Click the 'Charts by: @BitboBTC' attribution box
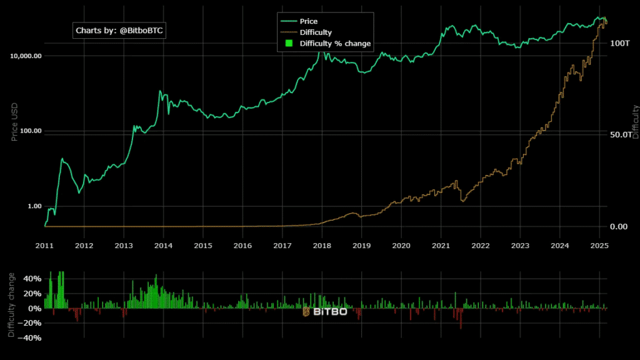click(120, 30)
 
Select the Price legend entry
click(308, 21)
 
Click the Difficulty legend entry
click(316, 32)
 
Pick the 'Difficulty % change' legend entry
click(335, 44)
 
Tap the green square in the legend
click(289, 44)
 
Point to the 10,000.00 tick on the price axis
click(26, 56)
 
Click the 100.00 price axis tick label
click(29, 131)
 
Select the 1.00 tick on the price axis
click(33, 206)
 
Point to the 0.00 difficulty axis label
click(619, 226)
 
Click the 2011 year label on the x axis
click(44, 246)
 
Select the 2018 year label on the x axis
click(322, 246)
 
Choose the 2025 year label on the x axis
click(599, 246)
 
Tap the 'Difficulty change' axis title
click(11, 304)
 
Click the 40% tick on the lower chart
click(32, 279)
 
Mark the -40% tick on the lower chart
click(31, 338)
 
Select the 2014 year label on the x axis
click(163, 246)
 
